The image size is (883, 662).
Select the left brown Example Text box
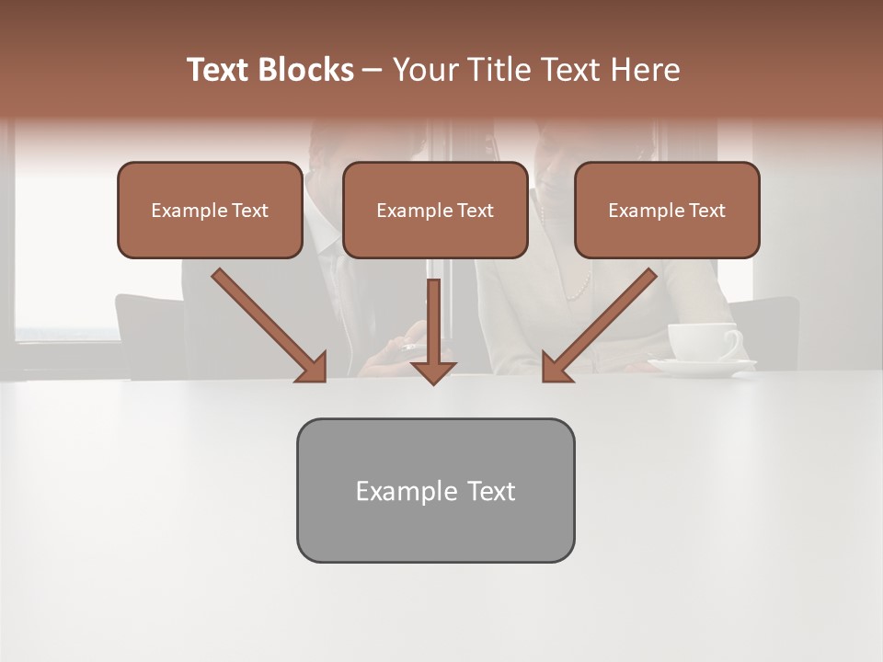pyautogui.click(x=210, y=210)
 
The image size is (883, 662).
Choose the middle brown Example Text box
pyautogui.click(x=435, y=210)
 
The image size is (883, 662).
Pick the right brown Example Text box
pyautogui.click(x=667, y=210)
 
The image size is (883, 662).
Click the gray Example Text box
pyautogui.click(x=435, y=490)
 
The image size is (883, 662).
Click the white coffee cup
pyautogui.click(x=698, y=341)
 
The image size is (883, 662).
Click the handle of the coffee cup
pyautogui.click(x=733, y=342)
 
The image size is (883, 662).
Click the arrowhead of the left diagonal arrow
pyautogui.click(x=313, y=367)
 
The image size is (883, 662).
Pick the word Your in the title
pyautogui.click(x=424, y=70)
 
